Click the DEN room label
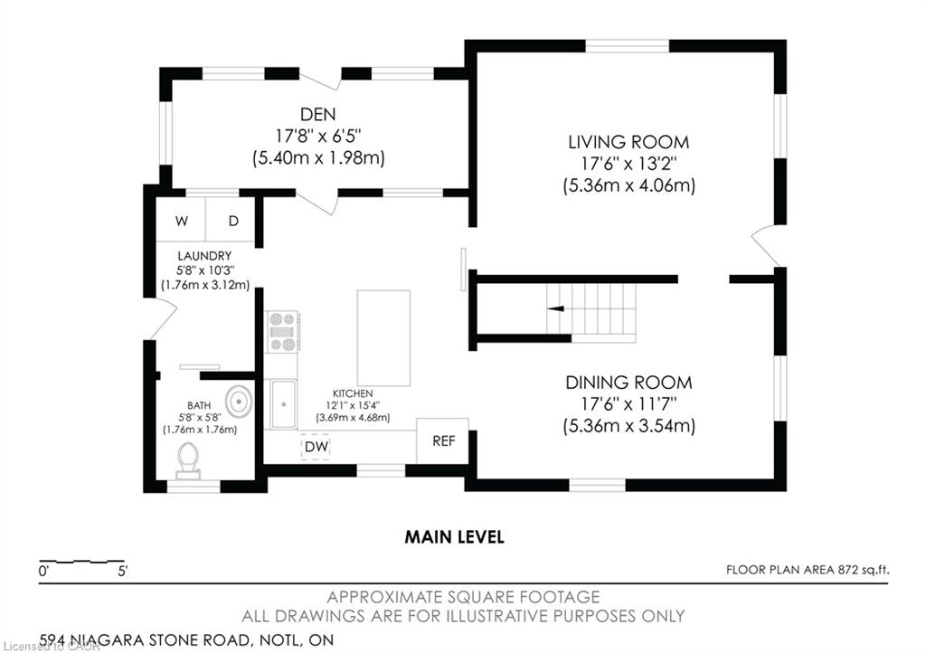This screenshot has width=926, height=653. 317,114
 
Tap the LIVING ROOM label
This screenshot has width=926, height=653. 628,142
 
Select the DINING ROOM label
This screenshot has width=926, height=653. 628,383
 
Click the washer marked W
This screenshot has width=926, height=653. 181,221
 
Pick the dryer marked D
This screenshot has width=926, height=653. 231,221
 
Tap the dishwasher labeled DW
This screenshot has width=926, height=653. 316,447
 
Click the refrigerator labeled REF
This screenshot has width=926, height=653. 443,440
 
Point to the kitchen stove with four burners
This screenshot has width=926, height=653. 282,333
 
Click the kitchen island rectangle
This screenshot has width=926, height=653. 383,337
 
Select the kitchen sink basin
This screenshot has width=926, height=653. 283,404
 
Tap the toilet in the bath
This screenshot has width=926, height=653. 188,460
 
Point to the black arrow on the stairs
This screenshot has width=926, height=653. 555,308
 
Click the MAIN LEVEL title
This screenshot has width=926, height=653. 454,536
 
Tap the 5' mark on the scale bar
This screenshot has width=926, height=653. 123,571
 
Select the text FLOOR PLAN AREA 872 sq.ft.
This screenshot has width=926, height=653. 808,570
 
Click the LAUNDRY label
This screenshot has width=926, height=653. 204,256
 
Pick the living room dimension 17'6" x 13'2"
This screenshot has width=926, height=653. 628,163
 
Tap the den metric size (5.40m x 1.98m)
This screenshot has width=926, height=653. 318,158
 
